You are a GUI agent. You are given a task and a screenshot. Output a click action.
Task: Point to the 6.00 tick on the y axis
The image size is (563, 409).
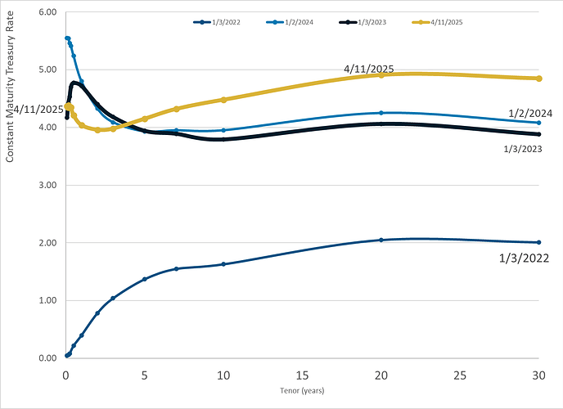pyautogui.click(x=47, y=12)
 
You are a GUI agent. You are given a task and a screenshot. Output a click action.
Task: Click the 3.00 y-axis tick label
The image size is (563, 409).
pyautogui.click(x=47, y=186)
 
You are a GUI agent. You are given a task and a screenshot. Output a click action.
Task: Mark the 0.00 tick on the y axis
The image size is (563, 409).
pyautogui.click(x=47, y=358)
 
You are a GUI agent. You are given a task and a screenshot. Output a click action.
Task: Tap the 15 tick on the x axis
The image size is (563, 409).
pyautogui.click(x=302, y=375)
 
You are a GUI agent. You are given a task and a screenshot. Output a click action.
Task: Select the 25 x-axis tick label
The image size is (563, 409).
pyautogui.click(x=460, y=375)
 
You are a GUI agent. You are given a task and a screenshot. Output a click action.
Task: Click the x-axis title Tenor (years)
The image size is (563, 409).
pyautogui.click(x=302, y=391)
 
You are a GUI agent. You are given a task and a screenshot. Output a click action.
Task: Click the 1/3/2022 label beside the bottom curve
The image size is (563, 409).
pyautogui.click(x=523, y=258)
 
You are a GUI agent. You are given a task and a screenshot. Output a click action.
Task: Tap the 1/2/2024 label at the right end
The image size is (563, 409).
pyautogui.click(x=531, y=112)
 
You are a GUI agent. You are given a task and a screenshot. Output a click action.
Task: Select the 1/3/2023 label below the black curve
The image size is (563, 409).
pyautogui.click(x=521, y=148)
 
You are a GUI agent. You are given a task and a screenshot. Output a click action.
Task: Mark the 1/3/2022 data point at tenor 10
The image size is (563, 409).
pyautogui.click(x=223, y=264)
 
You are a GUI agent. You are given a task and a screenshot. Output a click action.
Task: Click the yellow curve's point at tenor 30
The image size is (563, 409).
pyautogui.click(x=539, y=79)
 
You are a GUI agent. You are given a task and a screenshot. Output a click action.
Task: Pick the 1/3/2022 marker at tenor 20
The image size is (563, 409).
pyautogui.click(x=381, y=240)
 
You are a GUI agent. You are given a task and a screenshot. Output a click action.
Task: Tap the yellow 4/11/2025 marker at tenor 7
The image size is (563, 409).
pyautogui.click(x=177, y=109)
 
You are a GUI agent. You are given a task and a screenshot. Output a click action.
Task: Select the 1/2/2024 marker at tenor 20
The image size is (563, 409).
pyautogui.click(x=381, y=113)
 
